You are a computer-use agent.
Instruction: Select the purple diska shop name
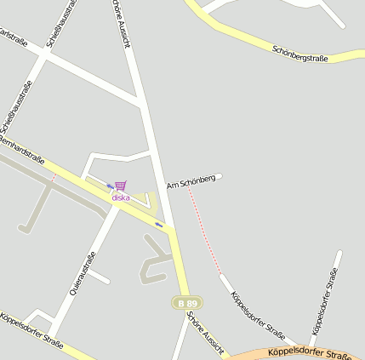point(121,197)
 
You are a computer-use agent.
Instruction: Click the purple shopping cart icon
point(121,186)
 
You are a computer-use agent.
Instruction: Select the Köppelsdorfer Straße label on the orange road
point(308,352)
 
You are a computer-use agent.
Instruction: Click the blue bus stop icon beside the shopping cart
point(110,186)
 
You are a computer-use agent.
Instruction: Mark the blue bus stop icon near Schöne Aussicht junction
point(159,224)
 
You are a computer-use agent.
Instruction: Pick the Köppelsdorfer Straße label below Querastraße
point(31,330)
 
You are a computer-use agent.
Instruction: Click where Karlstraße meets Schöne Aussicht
point(141,105)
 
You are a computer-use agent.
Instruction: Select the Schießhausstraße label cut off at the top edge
point(62,21)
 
